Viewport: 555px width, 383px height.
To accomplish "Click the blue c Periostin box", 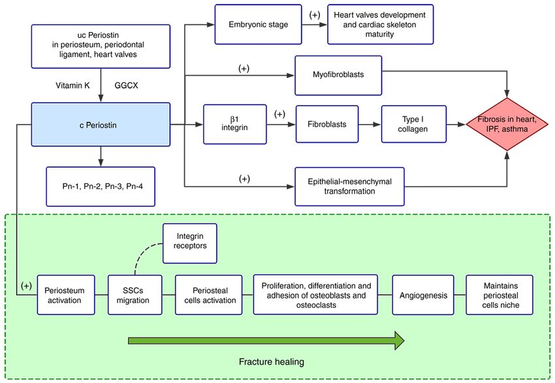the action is click(101, 125).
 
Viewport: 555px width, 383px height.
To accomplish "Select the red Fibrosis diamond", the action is click(507, 124).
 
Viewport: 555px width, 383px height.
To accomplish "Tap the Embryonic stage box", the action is click(258, 24).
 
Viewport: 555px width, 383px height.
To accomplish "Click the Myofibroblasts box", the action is click(338, 75).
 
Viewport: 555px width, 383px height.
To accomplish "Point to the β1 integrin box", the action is click(234, 124).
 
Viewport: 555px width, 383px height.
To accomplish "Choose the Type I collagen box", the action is click(413, 124).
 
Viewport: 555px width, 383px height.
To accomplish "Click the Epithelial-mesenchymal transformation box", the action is click(349, 187).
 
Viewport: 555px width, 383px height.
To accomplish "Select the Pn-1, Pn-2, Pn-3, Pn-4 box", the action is click(101, 187).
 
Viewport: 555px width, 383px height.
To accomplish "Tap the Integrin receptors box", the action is click(190, 243).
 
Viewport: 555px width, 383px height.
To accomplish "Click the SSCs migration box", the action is click(135, 295).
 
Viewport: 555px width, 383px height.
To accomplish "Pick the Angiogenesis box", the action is click(423, 295).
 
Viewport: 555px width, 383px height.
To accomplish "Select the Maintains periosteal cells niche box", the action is click(499, 295).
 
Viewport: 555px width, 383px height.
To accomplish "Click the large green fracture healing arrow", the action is click(266, 341).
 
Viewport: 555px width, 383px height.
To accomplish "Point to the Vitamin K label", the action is click(72, 85).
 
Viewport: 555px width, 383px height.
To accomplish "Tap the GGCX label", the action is click(127, 85).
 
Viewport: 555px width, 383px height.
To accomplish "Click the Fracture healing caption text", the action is click(272, 361).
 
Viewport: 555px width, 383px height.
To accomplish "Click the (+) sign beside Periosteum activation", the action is click(26, 286).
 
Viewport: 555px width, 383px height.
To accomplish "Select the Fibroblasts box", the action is click(327, 124).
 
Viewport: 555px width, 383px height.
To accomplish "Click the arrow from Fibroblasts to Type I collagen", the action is click(370, 125).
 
